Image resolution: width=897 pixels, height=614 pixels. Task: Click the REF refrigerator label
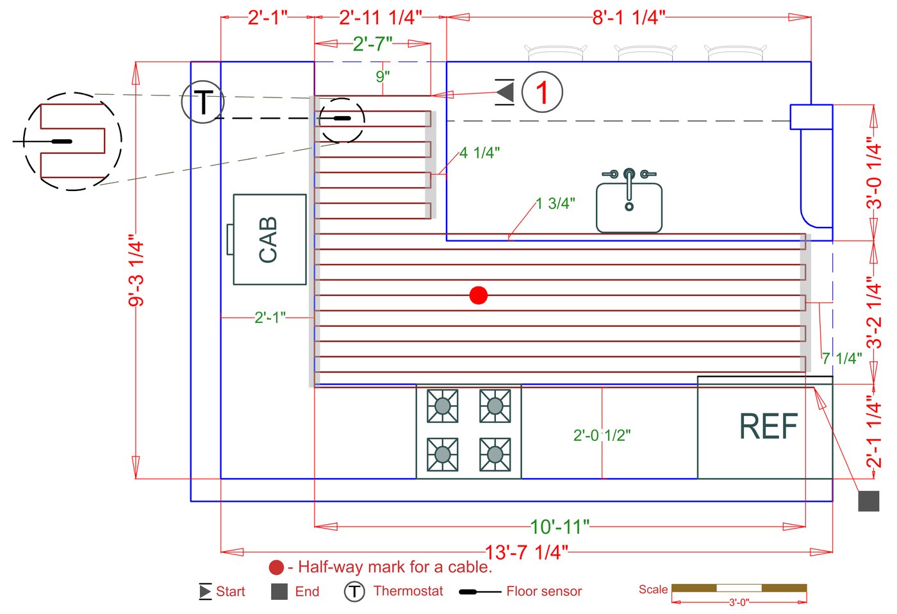coord(768,427)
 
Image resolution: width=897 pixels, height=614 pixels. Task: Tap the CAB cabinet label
coord(268,240)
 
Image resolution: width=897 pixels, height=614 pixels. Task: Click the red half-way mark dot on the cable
coord(479,295)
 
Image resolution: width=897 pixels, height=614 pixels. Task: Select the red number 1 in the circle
coord(542,92)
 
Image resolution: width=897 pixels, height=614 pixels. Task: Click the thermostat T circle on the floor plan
coord(202,102)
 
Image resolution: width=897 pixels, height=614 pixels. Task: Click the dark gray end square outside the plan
coord(869,501)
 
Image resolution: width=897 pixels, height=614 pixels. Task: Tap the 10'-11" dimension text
coord(560,527)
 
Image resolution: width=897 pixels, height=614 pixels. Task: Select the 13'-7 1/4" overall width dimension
coord(526,552)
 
